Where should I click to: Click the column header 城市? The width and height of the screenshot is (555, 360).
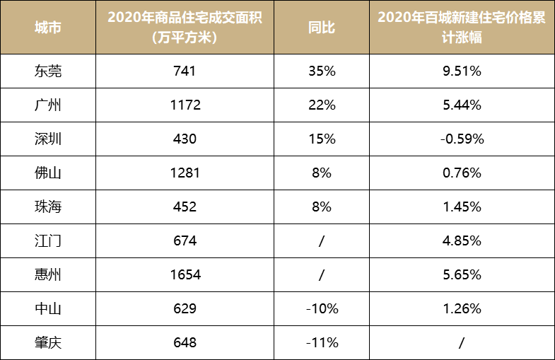48,28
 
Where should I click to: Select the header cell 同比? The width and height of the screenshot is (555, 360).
322,28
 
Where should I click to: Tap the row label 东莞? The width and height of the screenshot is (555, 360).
48,71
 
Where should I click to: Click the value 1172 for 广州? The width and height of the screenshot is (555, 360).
185,105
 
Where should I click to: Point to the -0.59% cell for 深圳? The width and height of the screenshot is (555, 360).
461,139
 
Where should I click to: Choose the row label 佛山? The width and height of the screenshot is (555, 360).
48,173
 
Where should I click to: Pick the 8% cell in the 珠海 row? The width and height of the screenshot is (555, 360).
322,207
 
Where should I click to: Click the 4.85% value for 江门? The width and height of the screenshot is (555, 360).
461,240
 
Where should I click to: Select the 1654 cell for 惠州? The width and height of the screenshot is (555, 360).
185,274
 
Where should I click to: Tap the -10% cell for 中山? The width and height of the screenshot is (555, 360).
322,308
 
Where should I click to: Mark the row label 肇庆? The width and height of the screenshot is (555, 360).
48,343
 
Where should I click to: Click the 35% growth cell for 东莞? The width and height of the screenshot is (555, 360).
322,71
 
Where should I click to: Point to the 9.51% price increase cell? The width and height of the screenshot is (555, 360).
461,71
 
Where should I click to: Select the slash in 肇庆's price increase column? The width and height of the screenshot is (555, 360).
461,343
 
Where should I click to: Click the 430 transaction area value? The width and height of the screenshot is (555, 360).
185,139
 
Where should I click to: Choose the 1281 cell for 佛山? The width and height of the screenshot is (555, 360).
185,173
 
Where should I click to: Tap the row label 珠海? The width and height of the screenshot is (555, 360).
48,207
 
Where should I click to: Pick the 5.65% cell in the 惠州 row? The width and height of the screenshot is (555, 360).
461,274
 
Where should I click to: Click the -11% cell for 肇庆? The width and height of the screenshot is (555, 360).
322,343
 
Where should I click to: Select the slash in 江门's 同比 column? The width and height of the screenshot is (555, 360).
322,240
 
